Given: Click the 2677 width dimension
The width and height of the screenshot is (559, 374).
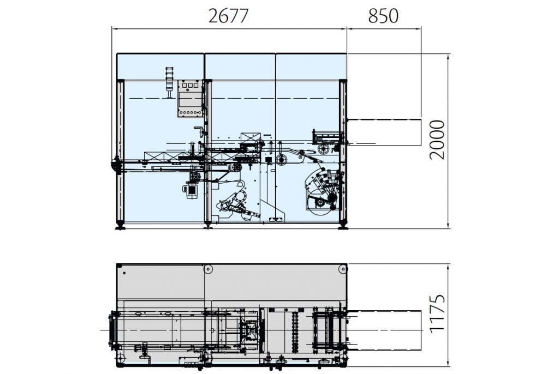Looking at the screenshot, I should [x=229, y=16].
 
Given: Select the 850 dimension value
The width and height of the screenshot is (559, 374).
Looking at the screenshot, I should [x=383, y=16].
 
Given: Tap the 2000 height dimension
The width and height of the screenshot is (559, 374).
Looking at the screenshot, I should [x=437, y=140].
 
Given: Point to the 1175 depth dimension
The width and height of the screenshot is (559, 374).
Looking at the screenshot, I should [x=437, y=314].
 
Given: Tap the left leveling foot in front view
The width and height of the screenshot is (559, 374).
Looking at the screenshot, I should [x=120, y=225].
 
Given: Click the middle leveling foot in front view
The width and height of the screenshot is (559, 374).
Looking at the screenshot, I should [x=207, y=224].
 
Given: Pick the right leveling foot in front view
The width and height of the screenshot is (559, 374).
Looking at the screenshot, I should [x=343, y=225].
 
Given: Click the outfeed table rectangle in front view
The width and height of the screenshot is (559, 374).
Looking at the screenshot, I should [x=384, y=132].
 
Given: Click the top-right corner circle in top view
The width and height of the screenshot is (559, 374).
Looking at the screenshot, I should [x=342, y=269].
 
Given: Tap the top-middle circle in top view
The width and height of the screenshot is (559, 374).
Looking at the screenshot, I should [x=207, y=269].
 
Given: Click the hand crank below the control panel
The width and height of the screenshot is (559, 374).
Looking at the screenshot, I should [x=203, y=131].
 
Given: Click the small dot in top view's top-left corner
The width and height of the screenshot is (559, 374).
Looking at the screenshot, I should [x=125, y=272].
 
